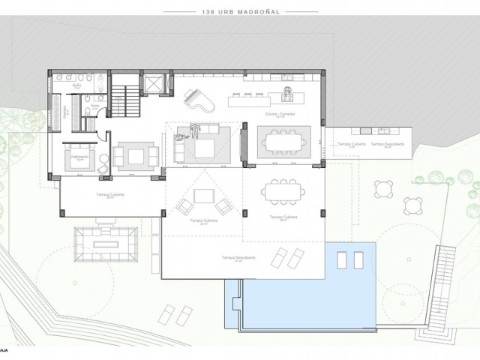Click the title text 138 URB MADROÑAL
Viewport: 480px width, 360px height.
[x=239, y=12]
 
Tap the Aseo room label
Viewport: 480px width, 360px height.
[x=95, y=106]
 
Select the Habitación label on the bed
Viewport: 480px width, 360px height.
[x=79, y=158]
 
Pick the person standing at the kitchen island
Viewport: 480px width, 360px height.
[x=286, y=94]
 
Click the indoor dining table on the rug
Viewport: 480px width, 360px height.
[x=283, y=140]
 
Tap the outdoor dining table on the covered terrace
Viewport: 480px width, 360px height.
[x=283, y=190]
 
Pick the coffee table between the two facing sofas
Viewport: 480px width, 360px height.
[x=136, y=155]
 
